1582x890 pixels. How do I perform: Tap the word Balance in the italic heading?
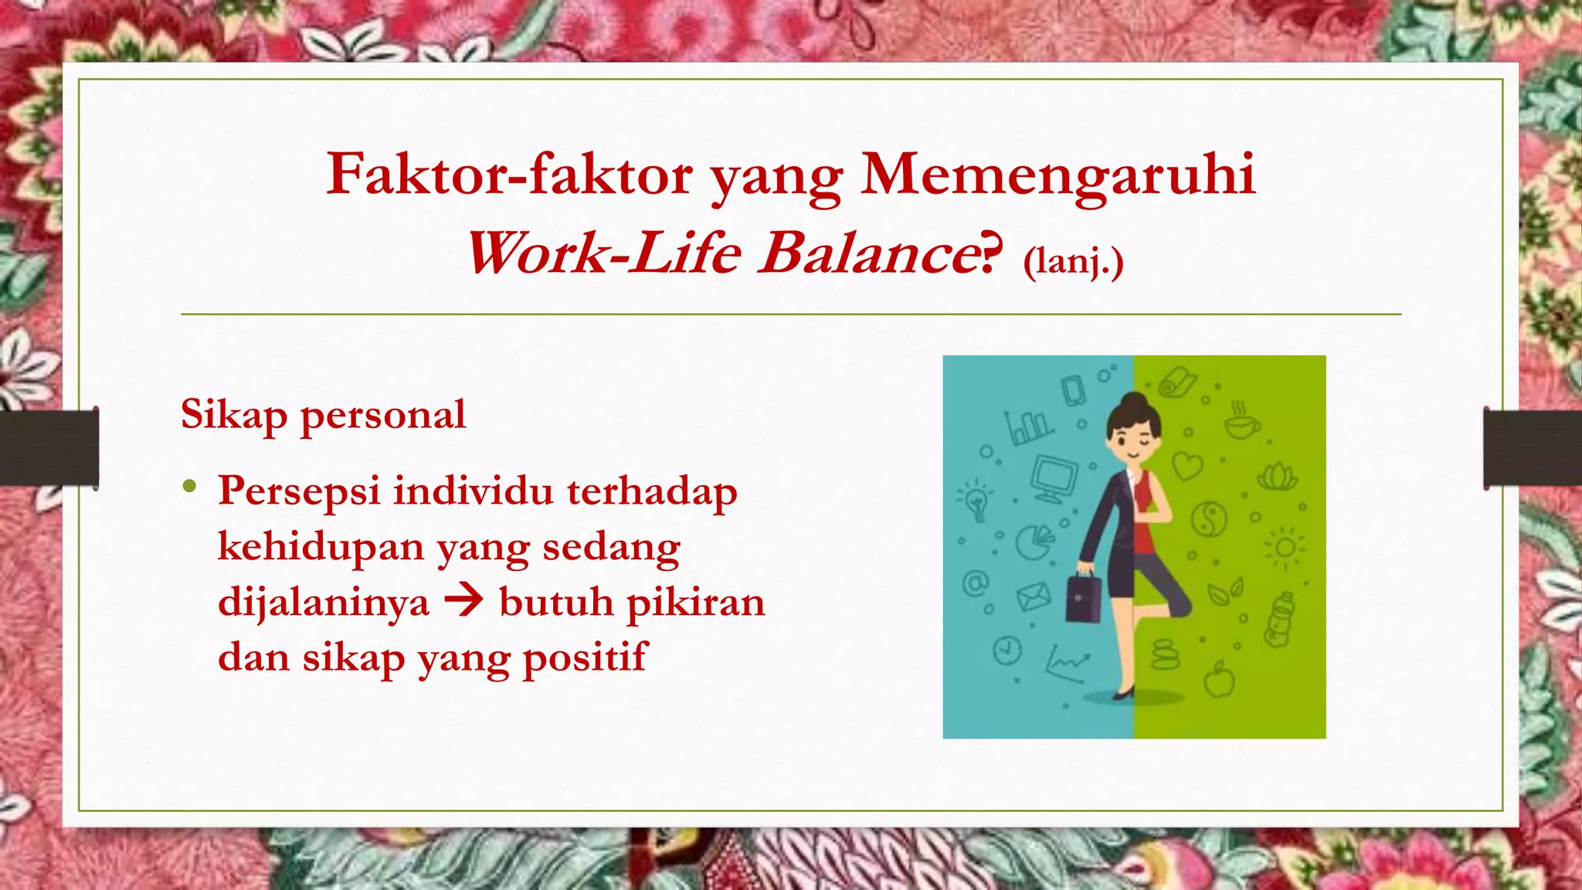coord(869,253)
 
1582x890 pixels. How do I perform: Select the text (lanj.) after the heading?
coord(1073,261)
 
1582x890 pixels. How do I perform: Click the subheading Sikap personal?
coord(323,415)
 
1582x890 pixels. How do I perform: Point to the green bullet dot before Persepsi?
coord(189,487)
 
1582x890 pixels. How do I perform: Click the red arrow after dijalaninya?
coord(464,600)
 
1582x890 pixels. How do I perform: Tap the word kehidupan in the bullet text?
coord(321,547)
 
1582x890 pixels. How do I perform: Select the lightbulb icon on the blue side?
coord(976,500)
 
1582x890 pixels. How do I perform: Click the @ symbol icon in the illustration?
coord(976,583)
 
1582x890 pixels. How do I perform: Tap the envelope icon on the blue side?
coord(1033,596)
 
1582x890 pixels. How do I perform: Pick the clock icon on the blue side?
coord(1007,651)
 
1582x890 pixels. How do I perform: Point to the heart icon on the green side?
coord(1187,466)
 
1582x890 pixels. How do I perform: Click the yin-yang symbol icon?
coord(1209,518)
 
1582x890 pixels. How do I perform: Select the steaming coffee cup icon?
coord(1241,421)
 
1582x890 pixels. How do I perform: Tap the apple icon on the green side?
coord(1220,681)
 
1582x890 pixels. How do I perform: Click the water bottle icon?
coord(1279,620)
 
